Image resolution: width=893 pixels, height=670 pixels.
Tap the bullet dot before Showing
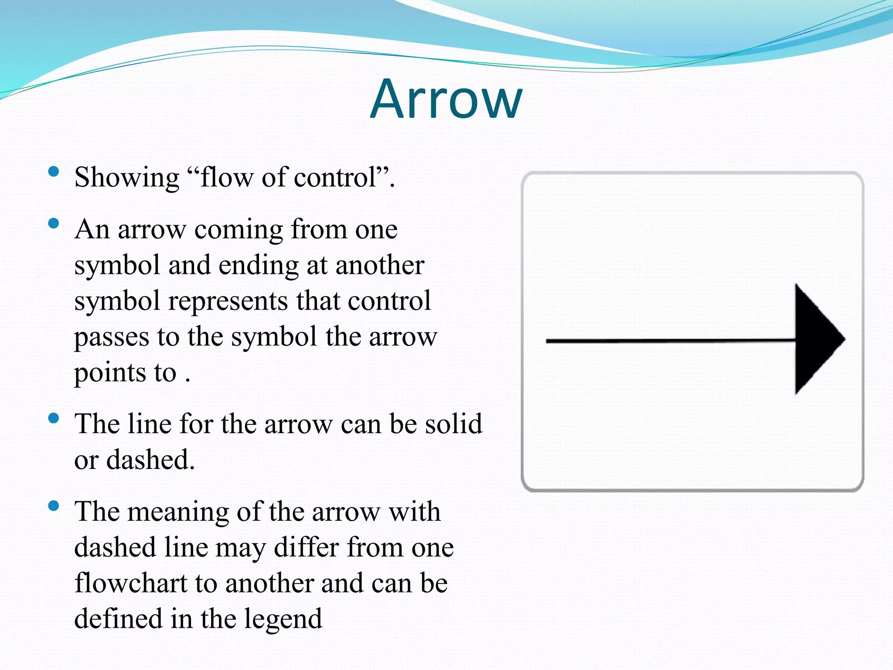click(x=54, y=171)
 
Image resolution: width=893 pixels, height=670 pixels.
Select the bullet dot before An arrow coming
click(x=54, y=224)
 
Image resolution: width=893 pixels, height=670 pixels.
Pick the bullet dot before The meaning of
click(x=54, y=506)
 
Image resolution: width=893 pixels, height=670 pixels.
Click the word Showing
click(x=126, y=178)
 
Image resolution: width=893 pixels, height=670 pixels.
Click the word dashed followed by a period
click(x=150, y=460)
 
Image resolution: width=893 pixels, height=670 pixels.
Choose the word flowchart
click(x=130, y=583)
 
